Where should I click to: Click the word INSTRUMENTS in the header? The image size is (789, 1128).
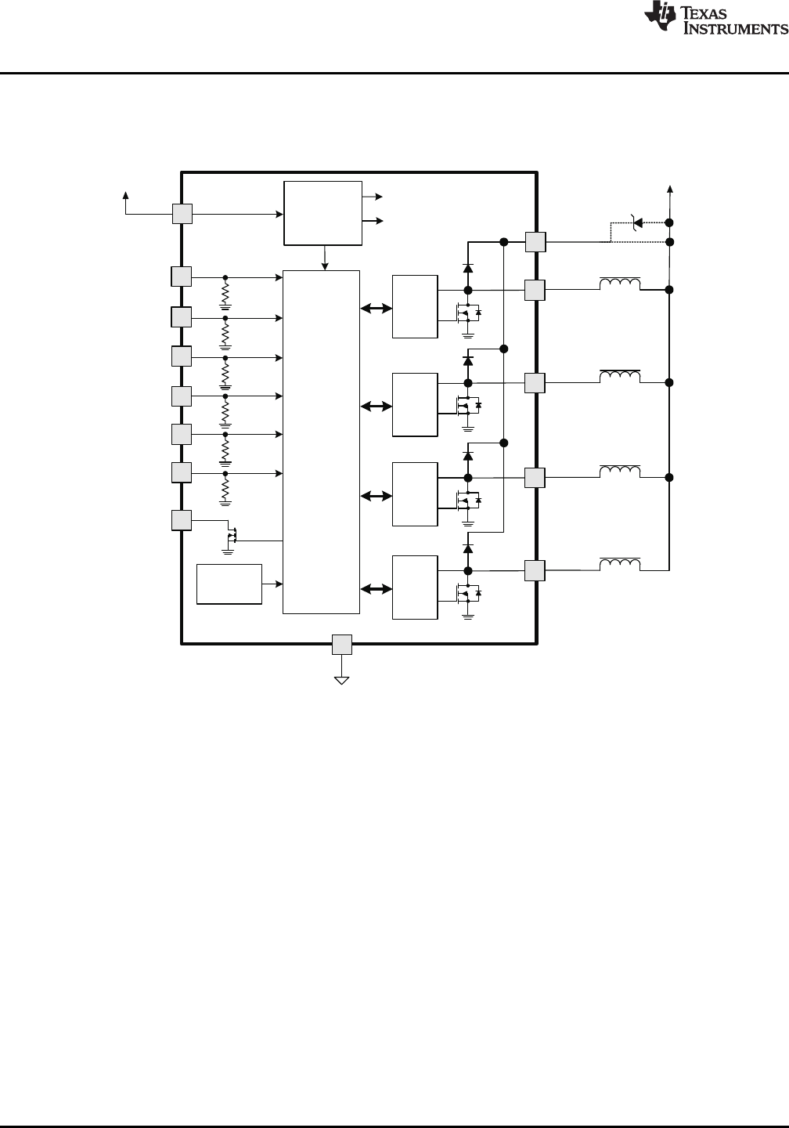pos(735,28)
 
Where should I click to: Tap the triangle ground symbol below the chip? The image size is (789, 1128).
pos(341,681)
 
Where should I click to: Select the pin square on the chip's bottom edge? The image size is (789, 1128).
pos(341,645)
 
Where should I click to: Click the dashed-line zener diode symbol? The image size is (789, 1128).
pos(636,222)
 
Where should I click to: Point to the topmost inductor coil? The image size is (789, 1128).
pos(620,284)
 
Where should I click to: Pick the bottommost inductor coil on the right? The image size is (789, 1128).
pos(620,564)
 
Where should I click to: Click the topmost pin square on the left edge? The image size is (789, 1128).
pos(182,214)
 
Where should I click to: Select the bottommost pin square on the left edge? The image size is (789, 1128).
pos(181,520)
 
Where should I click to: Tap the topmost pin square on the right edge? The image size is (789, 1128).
pos(535,242)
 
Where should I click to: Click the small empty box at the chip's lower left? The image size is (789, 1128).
pos(229,584)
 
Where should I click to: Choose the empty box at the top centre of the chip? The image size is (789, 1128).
pos(323,214)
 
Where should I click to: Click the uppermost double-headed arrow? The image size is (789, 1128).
pos(376,308)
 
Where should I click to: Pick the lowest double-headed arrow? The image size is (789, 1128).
pos(376,588)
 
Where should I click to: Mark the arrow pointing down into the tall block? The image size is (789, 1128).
pos(325,258)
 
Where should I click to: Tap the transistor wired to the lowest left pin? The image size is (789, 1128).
pos(232,535)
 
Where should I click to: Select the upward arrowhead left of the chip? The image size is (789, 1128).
pos(126,195)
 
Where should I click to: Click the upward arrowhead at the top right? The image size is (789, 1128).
pos(670,189)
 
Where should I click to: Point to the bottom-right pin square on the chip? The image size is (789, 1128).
pos(535,570)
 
